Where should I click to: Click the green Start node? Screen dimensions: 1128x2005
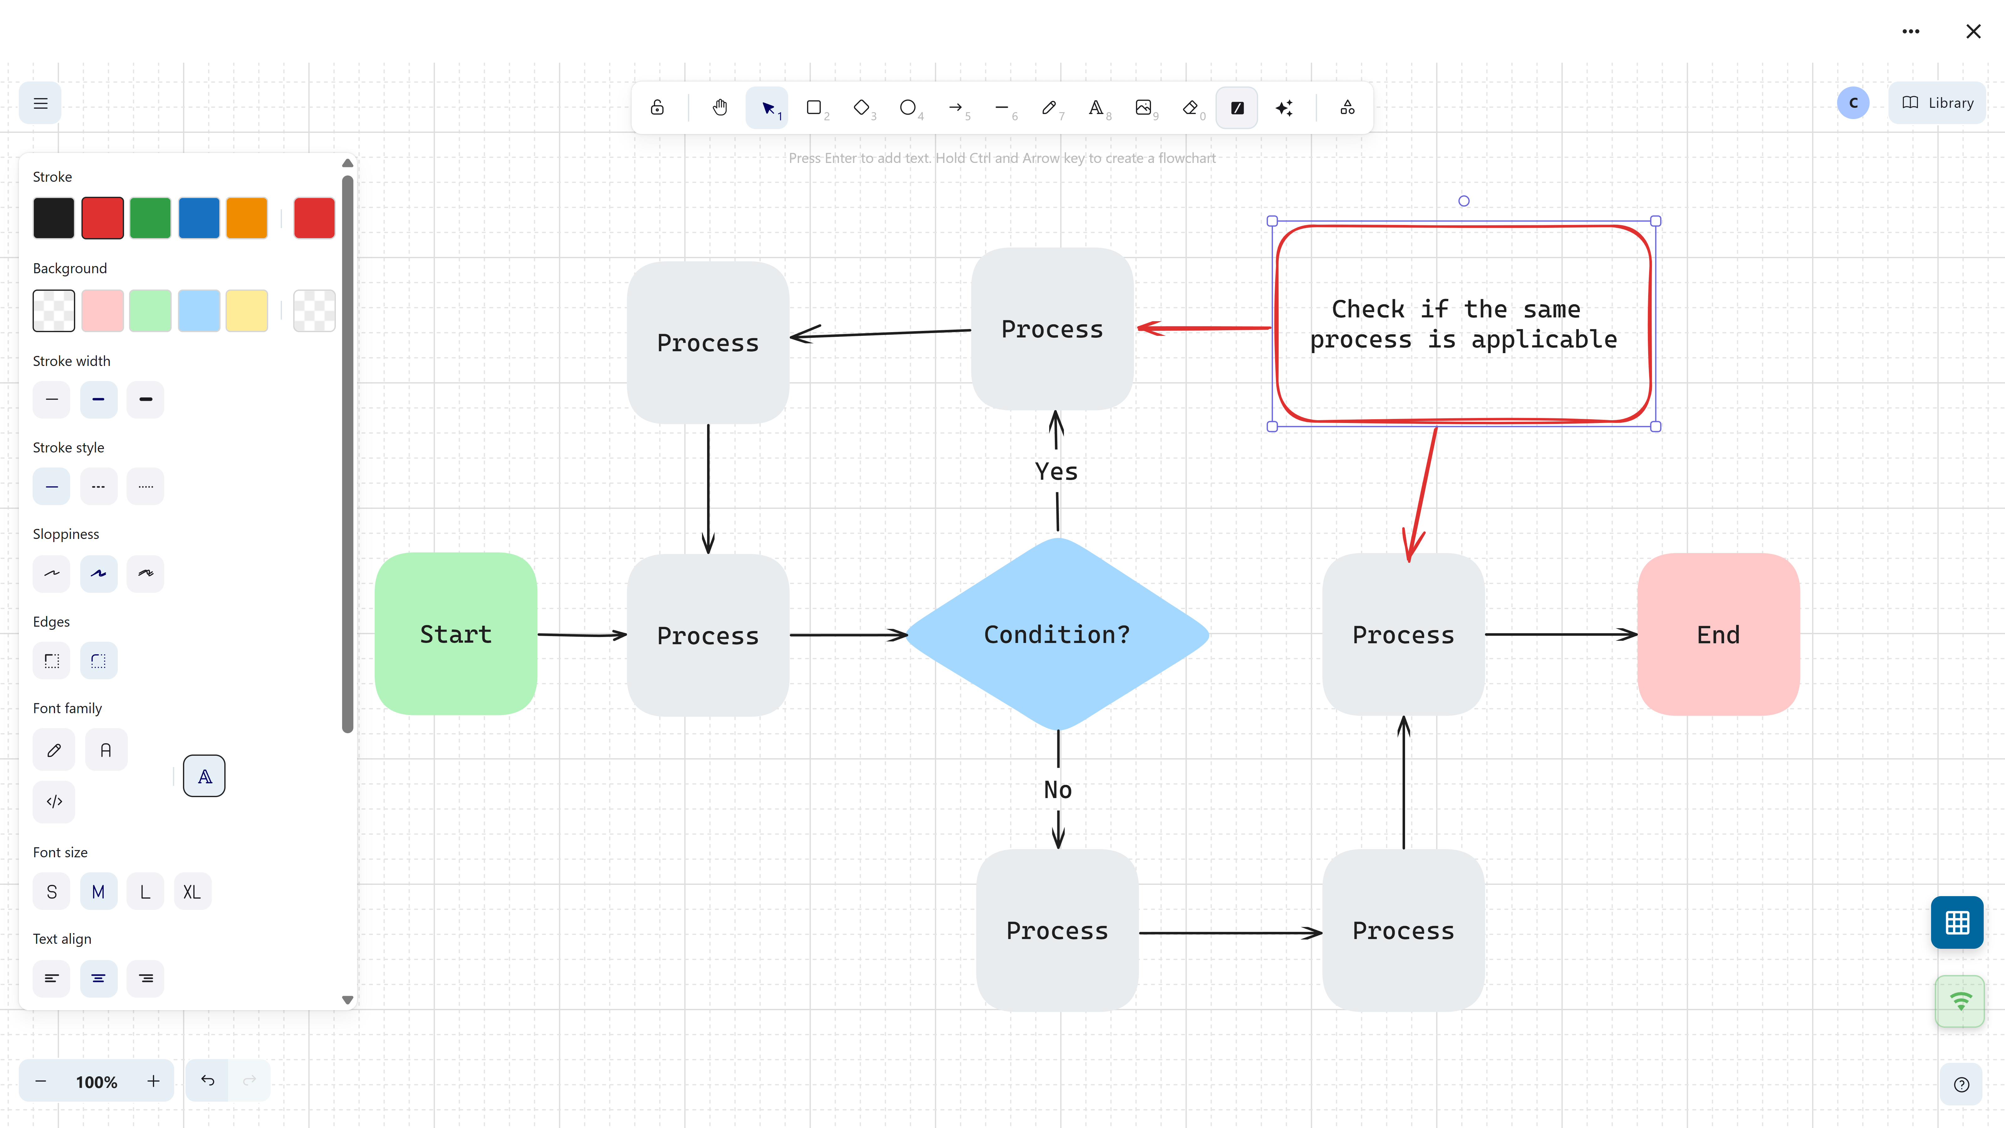click(x=455, y=634)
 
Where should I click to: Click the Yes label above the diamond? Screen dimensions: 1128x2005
click(x=1056, y=471)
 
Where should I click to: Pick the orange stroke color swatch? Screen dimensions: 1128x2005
click(x=247, y=218)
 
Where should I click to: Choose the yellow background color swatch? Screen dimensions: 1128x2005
click(x=247, y=311)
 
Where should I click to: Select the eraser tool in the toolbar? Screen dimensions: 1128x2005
click(x=1190, y=107)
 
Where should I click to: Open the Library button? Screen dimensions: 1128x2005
click(x=1937, y=103)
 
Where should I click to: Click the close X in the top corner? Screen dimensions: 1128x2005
click(x=1973, y=31)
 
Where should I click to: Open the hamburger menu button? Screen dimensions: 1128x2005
click(x=40, y=103)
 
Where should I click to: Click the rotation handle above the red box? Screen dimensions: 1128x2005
click(x=1463, y=201)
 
